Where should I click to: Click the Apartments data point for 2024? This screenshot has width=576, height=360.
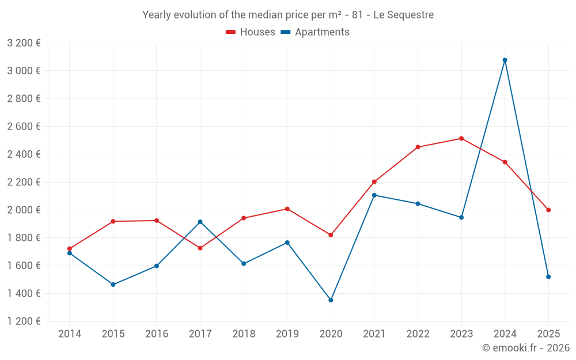click(x=505, y=60)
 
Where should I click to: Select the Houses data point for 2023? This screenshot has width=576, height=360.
click(x=461, y=138)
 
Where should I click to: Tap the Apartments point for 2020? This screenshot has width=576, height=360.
click(x=331, y=300)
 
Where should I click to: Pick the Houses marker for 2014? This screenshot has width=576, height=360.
click(x=70, y=249)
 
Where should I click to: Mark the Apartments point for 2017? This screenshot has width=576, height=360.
click(x=200, y=222)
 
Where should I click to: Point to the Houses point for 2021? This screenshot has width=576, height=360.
click(x=374, y=182)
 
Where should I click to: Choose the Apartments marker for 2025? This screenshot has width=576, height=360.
click(x=548, y=277)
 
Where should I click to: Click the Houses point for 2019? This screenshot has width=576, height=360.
click(x=287, y=209)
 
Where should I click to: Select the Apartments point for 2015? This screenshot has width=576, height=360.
click(x=113, y=285)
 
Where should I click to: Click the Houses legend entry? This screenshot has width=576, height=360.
click(x=251, y=32)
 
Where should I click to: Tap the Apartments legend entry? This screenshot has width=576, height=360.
click(x=315, y=32)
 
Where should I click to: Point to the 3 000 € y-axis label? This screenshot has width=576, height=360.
click(x=24, y=71)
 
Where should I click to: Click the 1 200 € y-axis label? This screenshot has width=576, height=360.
click(x=24, y=321)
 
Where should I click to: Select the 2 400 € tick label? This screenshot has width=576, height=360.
click(x=24, y=154)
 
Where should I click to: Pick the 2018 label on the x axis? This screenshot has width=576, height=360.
click(x=244, y=334)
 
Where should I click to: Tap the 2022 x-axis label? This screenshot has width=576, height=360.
click(x=418, y=334)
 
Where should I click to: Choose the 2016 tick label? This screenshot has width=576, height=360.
click(x=157, y=334)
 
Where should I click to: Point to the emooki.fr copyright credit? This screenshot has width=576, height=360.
click(x=526, y=348)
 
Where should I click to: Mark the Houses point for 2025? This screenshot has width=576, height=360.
click(x=548, y=210)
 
